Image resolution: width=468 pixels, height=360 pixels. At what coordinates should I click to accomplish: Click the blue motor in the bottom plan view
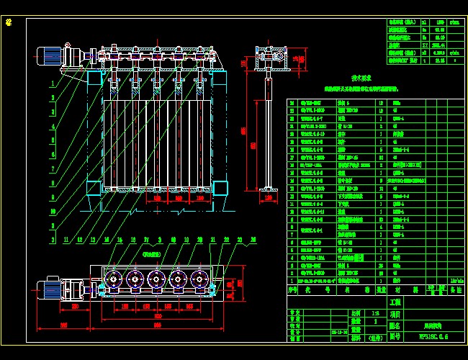pyautogui.click(x=52, y=289)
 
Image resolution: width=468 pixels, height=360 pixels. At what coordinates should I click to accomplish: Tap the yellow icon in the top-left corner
pyautogui.click(x=9, y=22)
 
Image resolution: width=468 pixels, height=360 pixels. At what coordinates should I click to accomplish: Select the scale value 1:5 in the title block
pyautogui.click(x=356, y=313)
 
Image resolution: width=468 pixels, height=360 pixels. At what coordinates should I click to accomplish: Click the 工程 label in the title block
pyautogui.click(x=395, y=302)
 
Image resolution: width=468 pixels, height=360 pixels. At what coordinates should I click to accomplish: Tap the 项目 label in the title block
pyautogui.click(x=395, y=314)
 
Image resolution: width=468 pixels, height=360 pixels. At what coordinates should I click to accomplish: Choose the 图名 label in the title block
pyautogui.click(x=395, y=325)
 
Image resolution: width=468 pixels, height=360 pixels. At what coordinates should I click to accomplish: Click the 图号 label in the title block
pyautogui.click(x=395, y=336)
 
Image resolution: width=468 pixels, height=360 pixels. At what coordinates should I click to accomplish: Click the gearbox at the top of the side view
pyautogui.click(x=269, y=56)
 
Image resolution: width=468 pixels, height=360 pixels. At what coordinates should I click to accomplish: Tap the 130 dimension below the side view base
pyautogui.click(x=268, y=197)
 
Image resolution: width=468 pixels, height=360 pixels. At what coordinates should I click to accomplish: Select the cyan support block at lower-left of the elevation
pyautogui.click(x=95, y=188)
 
